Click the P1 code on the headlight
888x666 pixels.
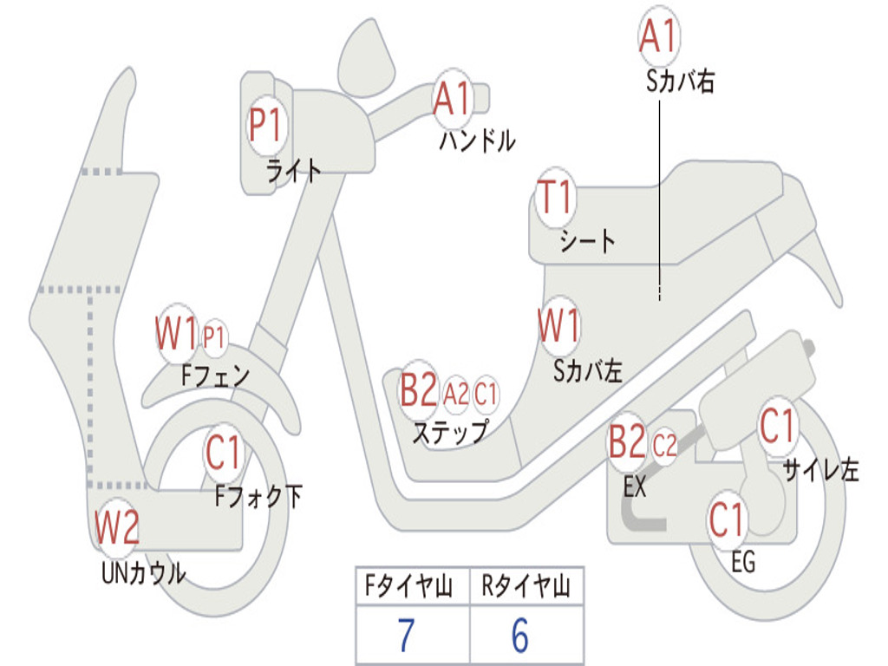[x=265, y=126]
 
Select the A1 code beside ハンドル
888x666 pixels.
[x=452, y=99]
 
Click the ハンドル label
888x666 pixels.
[x=477, y=140]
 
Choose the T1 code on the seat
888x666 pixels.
[x=556, y=199]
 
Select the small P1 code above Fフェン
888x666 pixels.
[x=214, y=336]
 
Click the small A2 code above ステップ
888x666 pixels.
[x=456, y=395]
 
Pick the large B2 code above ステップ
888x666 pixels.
[x=418, y=391]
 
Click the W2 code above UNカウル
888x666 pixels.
[x=117, y=527]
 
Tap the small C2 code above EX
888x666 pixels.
[x=664, y=447]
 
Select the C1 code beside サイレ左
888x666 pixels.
[x=777, y=427]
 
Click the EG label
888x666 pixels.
[x=743, y=562]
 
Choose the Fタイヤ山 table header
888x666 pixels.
[x=412, y=588]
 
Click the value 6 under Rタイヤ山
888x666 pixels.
[x=519, y=637]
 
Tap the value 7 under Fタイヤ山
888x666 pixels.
[x=405, y=637]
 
